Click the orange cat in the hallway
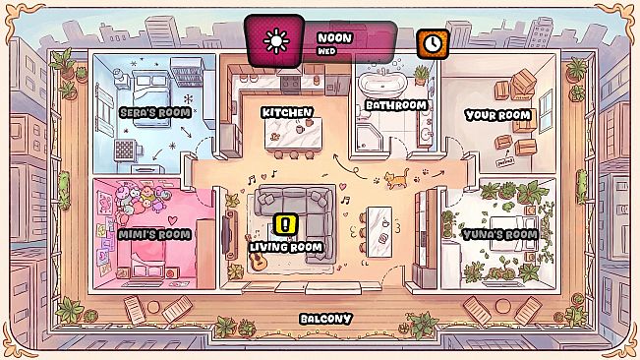click(x=396, y=178)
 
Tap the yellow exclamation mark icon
click(x=285, y=224)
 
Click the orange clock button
click(x=433, y=43)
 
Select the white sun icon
click(x=276, y=41)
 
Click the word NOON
click(x=334, y=38)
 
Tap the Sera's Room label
click(x=155, y=113)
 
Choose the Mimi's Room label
click(x=154, y=234)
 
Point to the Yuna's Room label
click(x=500, y=234)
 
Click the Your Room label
click(x=498, y=115)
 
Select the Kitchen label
click(x=287, y=113)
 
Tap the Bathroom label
click(x=396, y=105)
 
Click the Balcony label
click(x=325, y=319)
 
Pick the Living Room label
click(x=286, y=247)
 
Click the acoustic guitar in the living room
click(x=256, y=254)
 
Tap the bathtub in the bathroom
click(x=382, y=85)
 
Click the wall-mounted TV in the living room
click(x=226, y=235)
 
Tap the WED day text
click(x=326, y=51)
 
